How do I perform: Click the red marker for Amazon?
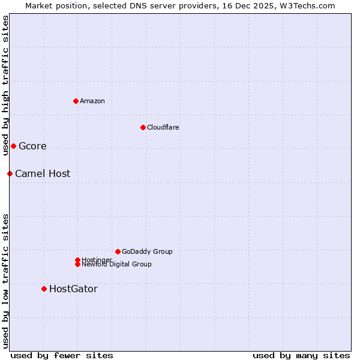[x=76, y=101]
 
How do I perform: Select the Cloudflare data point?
[x=143, y=127]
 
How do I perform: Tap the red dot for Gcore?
[x=13, y=146]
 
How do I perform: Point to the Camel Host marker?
[x=10, y=173]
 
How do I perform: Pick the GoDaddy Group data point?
[x=118, y=251]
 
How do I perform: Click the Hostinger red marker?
[x=77, y=260]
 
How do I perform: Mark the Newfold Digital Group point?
[x=77, y=265]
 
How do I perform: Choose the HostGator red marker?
[x=44, y=289]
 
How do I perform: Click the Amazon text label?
[x=92, y=101]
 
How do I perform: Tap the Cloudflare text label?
[x=163, y=127]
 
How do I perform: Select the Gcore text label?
[x=32, y=146]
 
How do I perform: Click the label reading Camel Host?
[x=43, y=174]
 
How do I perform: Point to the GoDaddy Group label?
[x=147, y=251]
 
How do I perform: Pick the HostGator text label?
[x=73, y=289]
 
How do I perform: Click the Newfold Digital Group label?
[x=117, y=265]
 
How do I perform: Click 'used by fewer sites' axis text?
[x=62, y=356]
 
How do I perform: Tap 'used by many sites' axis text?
[x=301, y=356]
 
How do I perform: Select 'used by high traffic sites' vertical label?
[x=5, y=85]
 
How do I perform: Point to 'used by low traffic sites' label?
[x=5, y=280]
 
